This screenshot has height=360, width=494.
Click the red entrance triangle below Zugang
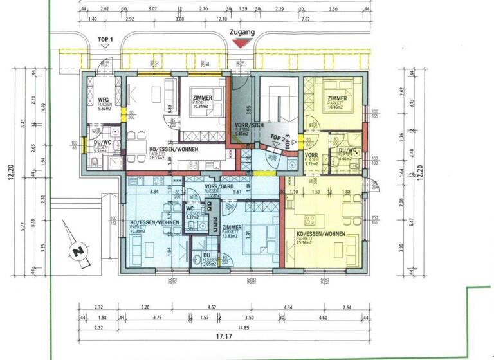tap(241, 43)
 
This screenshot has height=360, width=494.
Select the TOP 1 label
tap(105, 40)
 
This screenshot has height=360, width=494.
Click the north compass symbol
tap(80, 251)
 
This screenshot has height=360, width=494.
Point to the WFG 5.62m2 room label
tap(104, 104)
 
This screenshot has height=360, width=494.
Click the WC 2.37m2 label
tap(190, 213)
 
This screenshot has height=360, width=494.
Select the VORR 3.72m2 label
tap(312, 159)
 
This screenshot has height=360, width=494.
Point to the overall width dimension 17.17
tap(223, 336)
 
